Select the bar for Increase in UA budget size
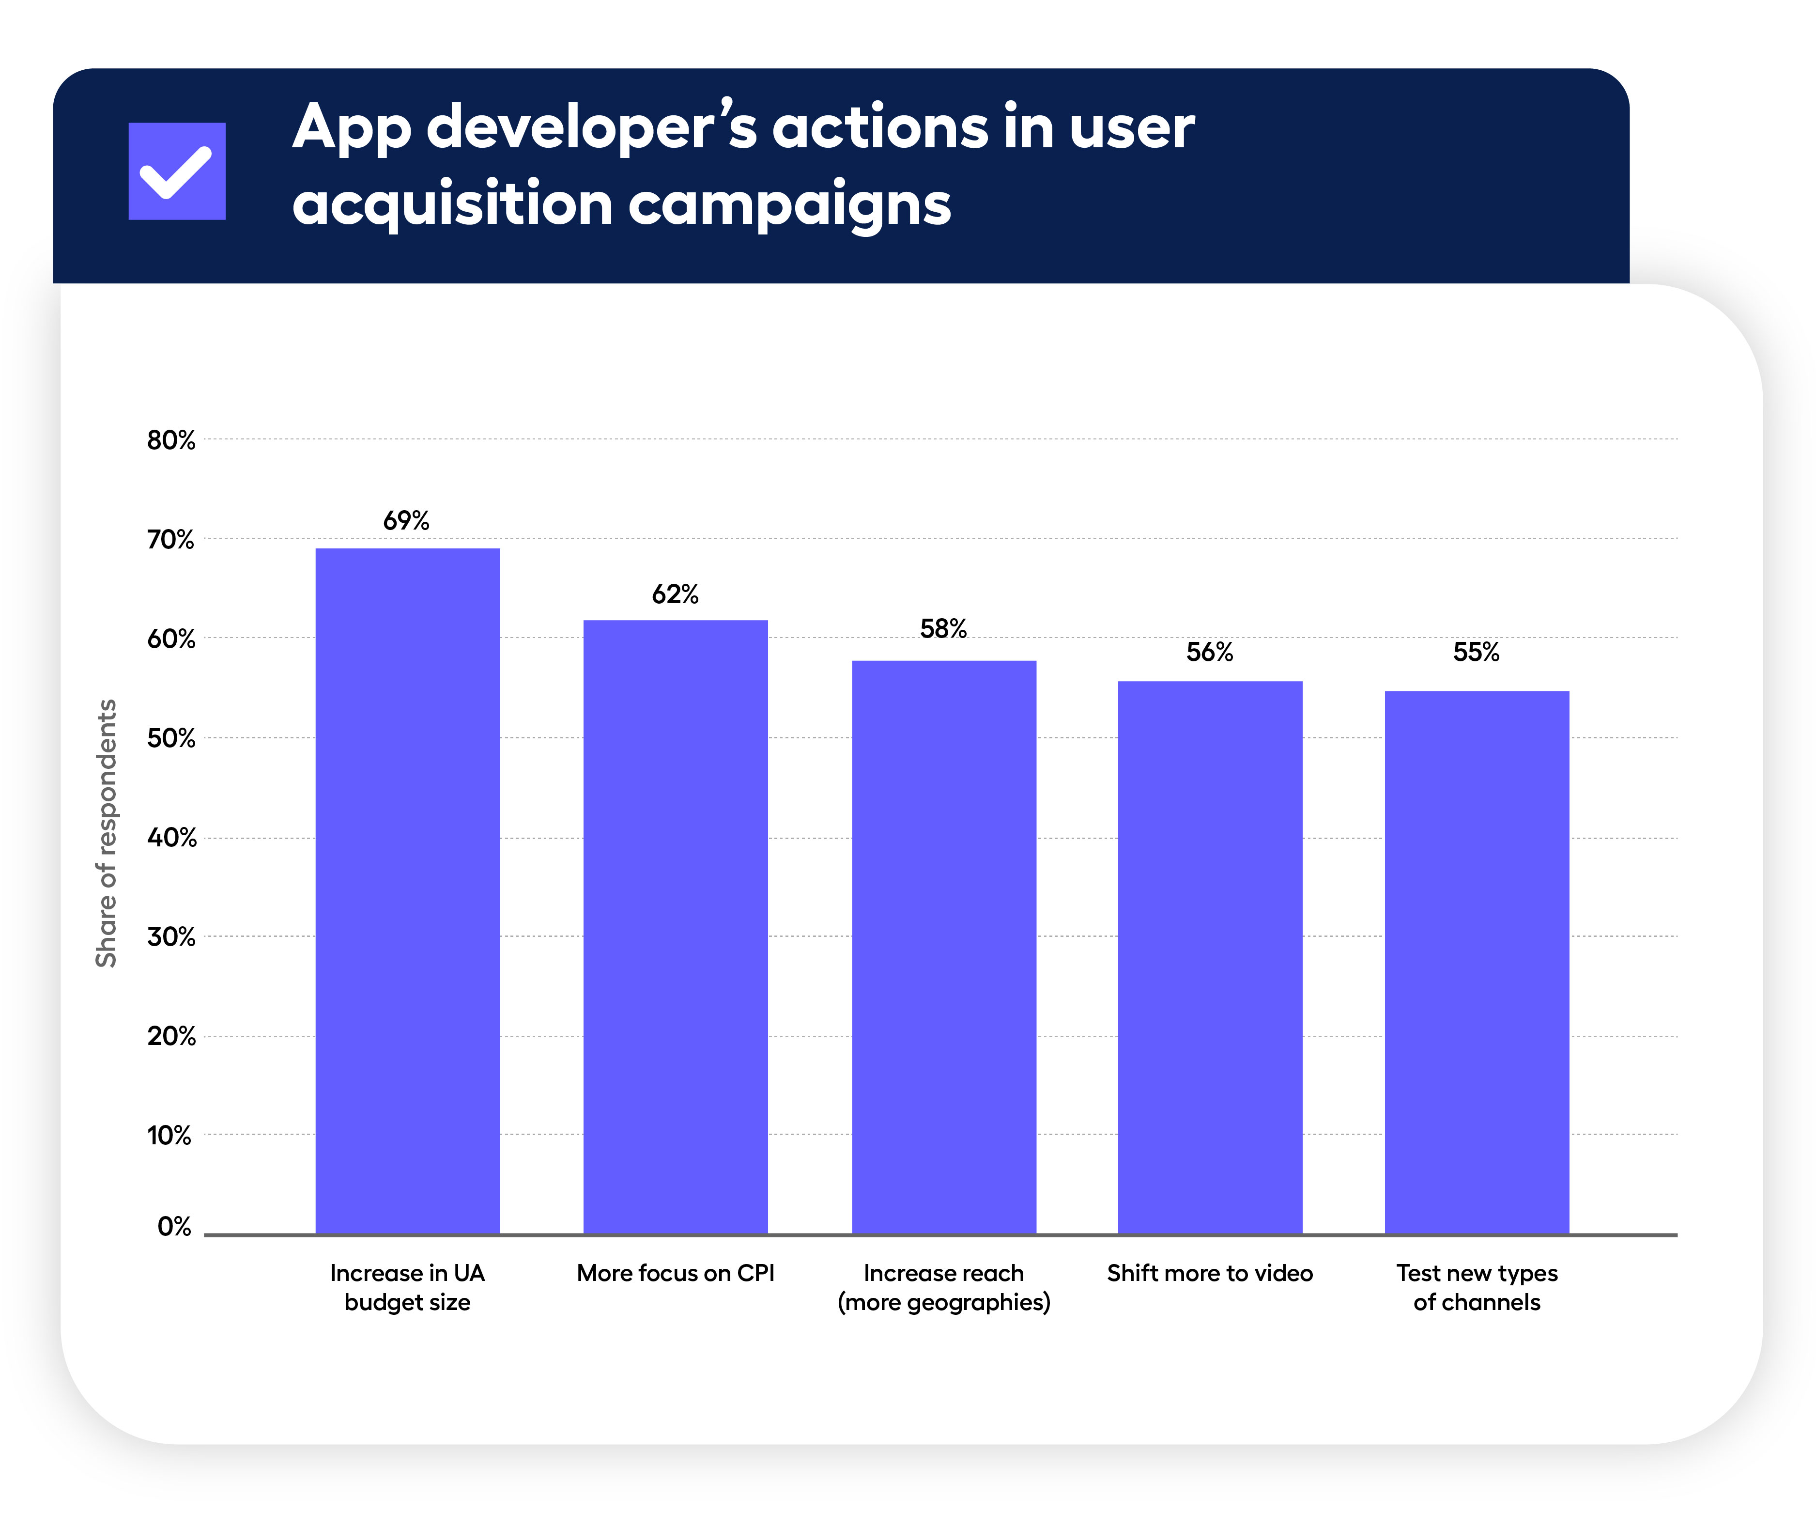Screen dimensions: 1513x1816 [x=407, y=891]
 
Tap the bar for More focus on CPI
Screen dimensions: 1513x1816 [x=676, y=926]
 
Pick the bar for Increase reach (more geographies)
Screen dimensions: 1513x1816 [x=943, y=947]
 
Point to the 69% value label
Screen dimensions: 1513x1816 [x=406, y=521]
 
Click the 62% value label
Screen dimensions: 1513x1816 [x=676, y=594]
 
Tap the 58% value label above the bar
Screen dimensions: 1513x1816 [x=943, y=629]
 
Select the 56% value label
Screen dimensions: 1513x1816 [x=1210, y=652]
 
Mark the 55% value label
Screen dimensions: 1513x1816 [x=1476, y=652]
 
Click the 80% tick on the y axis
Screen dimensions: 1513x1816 [x=171, y=440]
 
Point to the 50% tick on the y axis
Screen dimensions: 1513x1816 [x=171, y=739]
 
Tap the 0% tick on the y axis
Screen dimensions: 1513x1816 [x=175, y=1227]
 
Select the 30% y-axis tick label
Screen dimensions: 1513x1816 [x=171, y=937]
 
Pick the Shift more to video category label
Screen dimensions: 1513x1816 [x=1210, y=1273]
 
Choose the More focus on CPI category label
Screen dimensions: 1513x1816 [x=676, y=1273]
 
